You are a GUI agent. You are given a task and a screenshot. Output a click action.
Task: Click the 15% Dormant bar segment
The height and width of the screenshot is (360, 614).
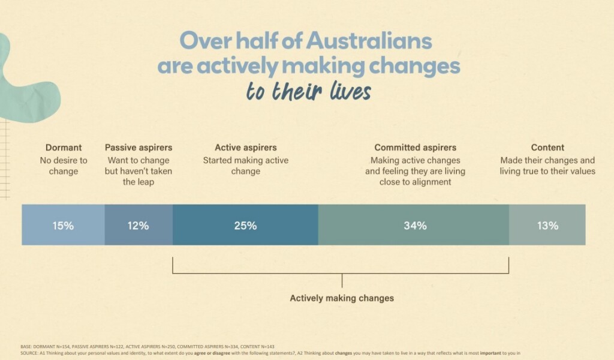click(x=63, y=225)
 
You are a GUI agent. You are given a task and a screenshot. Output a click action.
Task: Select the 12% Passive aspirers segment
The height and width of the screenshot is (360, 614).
click(x=139, y=225)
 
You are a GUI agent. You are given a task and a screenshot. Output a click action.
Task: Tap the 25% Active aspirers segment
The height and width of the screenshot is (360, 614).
click(x=245, y=225)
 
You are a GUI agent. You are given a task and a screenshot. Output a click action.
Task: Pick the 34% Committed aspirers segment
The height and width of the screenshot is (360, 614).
click(x=414, y=225)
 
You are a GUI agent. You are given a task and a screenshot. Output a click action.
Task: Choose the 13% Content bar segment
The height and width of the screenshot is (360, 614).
click(x=547, y=225)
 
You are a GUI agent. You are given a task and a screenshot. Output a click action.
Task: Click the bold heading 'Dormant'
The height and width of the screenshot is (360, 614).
click(x=64, y=148)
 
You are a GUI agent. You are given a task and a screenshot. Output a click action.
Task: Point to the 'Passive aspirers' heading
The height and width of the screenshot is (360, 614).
click(x=139, y=148)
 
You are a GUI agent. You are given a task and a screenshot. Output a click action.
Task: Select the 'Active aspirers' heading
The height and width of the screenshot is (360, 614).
click(x=246, y=148)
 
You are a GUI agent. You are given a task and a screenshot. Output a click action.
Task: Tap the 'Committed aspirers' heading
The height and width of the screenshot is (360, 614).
click(x=416, y=148)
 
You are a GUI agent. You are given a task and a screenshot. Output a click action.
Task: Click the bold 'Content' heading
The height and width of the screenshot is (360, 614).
click(x=547, y=148)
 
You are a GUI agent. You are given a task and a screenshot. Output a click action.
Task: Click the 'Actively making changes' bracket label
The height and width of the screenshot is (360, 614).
click(x=342, y=298)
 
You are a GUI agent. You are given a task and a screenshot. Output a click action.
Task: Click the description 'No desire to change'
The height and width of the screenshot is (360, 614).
click(x=64, y=166)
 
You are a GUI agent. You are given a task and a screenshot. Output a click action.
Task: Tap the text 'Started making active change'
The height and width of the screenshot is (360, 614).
click(x=246, y=166)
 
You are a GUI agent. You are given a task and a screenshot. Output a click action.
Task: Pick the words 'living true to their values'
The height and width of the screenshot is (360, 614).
click(x=547, y=171)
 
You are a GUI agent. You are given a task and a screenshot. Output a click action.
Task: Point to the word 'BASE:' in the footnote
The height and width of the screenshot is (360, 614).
click(x=26, y=347)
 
